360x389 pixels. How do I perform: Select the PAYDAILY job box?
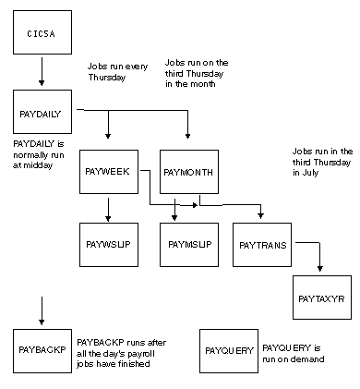[x=42, y=115]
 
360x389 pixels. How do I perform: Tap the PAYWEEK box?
[x=109, y=172]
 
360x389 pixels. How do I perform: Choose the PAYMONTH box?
[x=188, y=172]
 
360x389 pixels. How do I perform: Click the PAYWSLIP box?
[x=109, y=244]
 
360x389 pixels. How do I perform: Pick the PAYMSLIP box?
[x=188, y=244]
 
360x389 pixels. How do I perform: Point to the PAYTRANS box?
[x=262, y=244]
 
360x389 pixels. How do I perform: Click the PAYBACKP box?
[x=42, y=351]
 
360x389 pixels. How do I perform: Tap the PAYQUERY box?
[x=229, y=351]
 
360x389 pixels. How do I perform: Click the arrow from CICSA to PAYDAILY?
[x=42, y=71]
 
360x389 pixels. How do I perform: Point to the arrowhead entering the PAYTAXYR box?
[x=320, y=267]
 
